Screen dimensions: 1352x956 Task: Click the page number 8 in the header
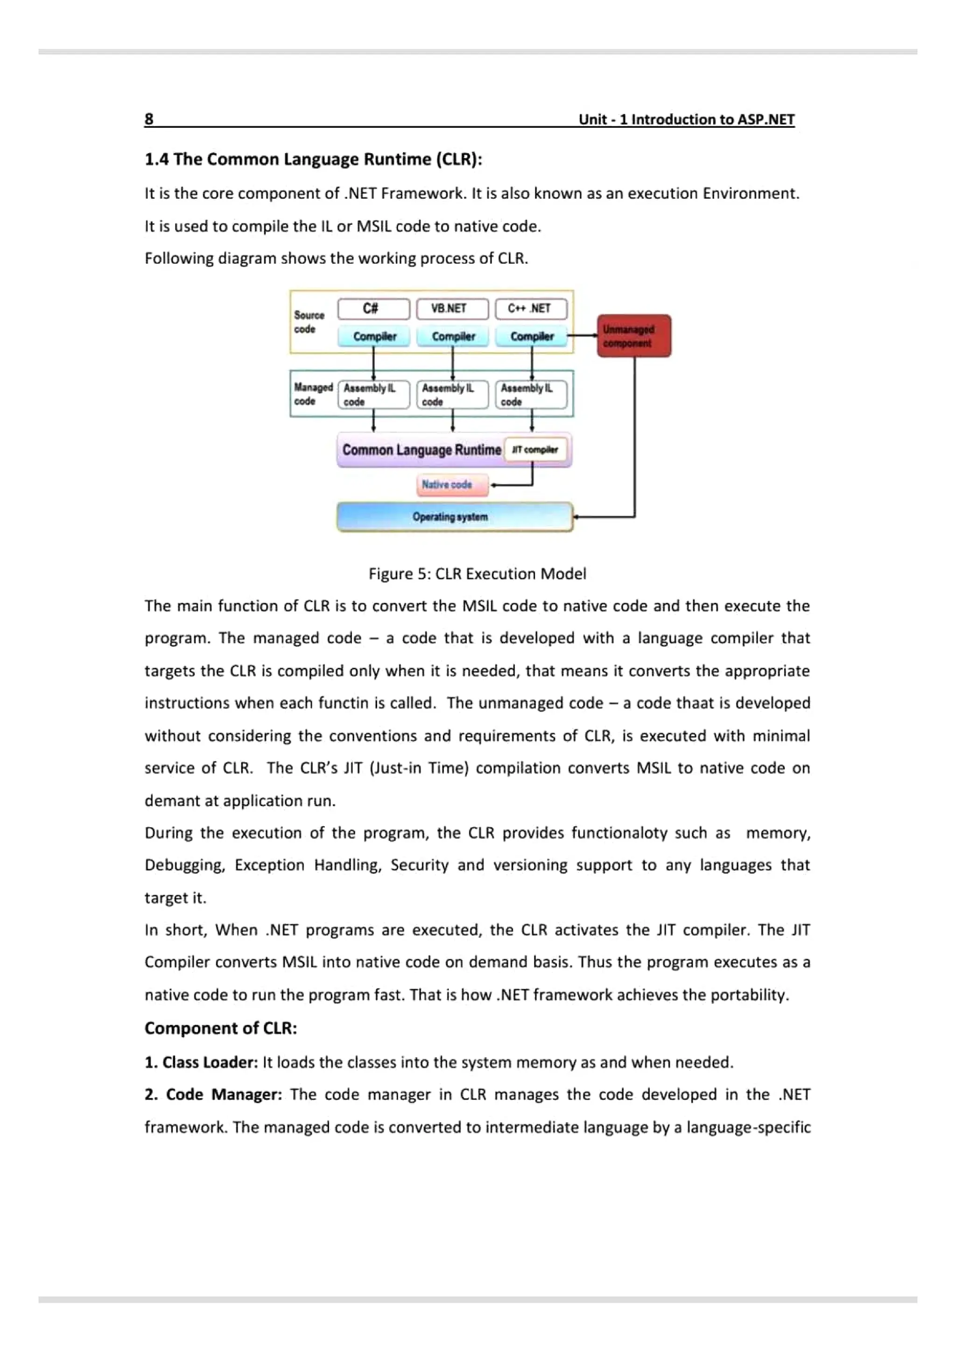click(149, 119)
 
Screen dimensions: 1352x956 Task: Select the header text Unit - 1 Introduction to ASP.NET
click(686, 119)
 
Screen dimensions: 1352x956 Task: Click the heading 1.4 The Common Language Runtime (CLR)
click(313, 159)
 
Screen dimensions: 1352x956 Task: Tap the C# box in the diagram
click(373, 308)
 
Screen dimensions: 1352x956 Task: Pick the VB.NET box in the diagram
click(452, 308)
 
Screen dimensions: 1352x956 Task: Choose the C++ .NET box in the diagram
click(531, 308)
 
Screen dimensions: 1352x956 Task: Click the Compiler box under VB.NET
click(452, 336)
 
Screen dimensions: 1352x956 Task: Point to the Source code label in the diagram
click(309, 322)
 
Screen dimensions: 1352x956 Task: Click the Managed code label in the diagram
click(312, 394)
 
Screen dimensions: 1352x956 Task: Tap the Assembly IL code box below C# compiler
click(373, 395)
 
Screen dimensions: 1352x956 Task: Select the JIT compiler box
click(535, 450)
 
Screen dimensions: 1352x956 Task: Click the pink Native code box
click(452, 485)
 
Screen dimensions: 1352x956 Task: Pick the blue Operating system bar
click(454, 517)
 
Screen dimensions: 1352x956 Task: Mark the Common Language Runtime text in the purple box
click(421, 450)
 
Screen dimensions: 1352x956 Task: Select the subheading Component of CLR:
click(220, 1028)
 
